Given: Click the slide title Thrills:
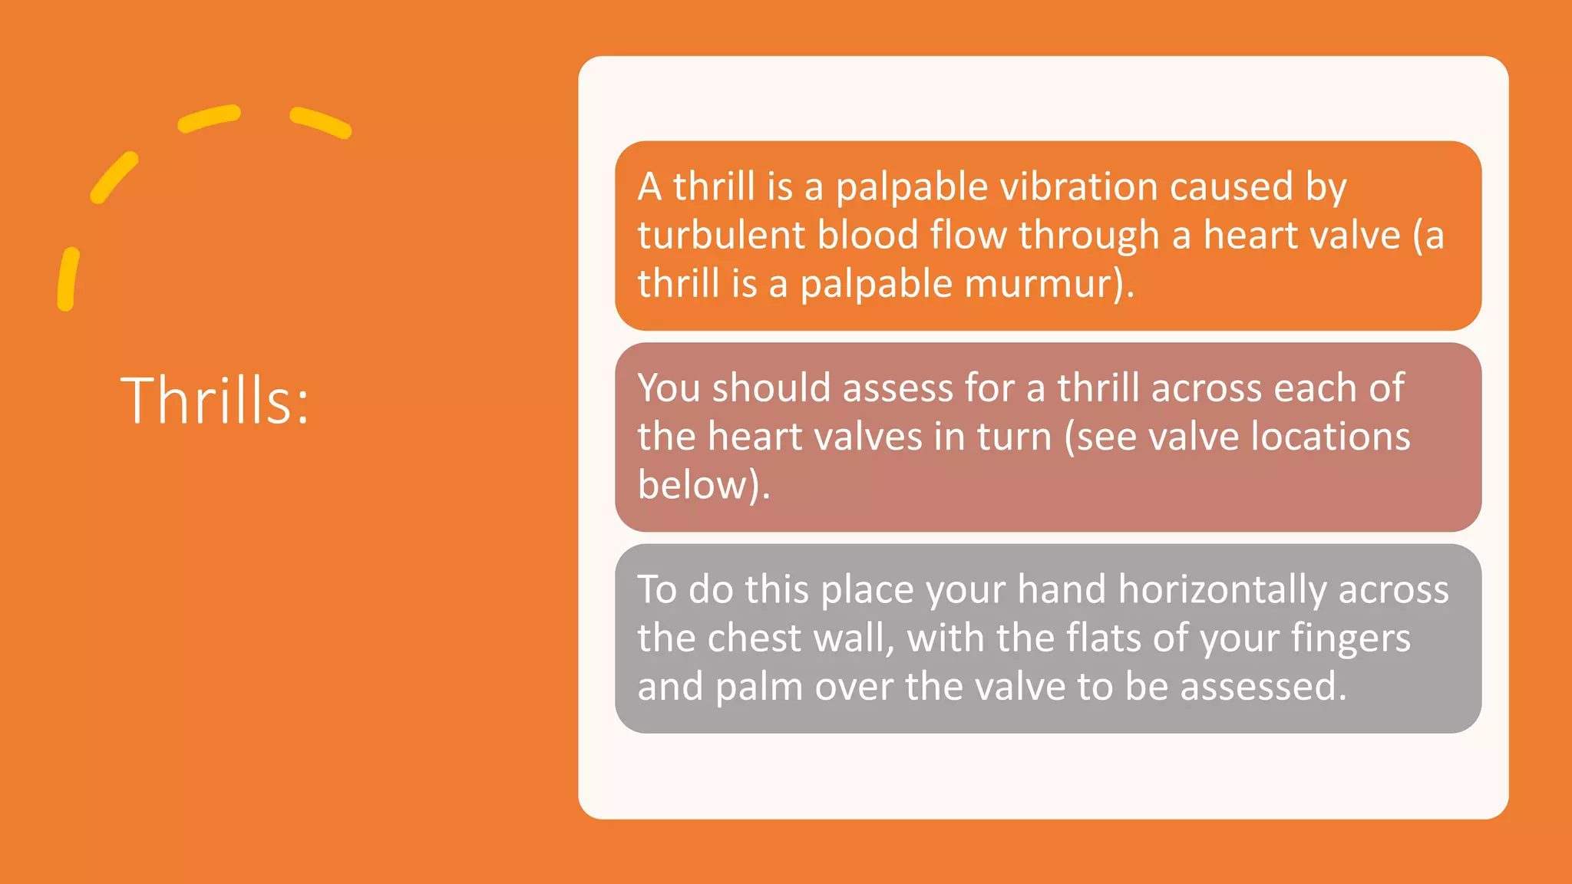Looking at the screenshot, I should (x=215, y=400).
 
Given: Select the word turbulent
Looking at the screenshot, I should (x=721, y=236).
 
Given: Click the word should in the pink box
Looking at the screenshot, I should (x=771, y=388).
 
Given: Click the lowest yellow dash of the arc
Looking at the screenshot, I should (x=68, y=279).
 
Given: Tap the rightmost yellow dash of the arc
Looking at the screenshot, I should (x=321, y=123).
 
